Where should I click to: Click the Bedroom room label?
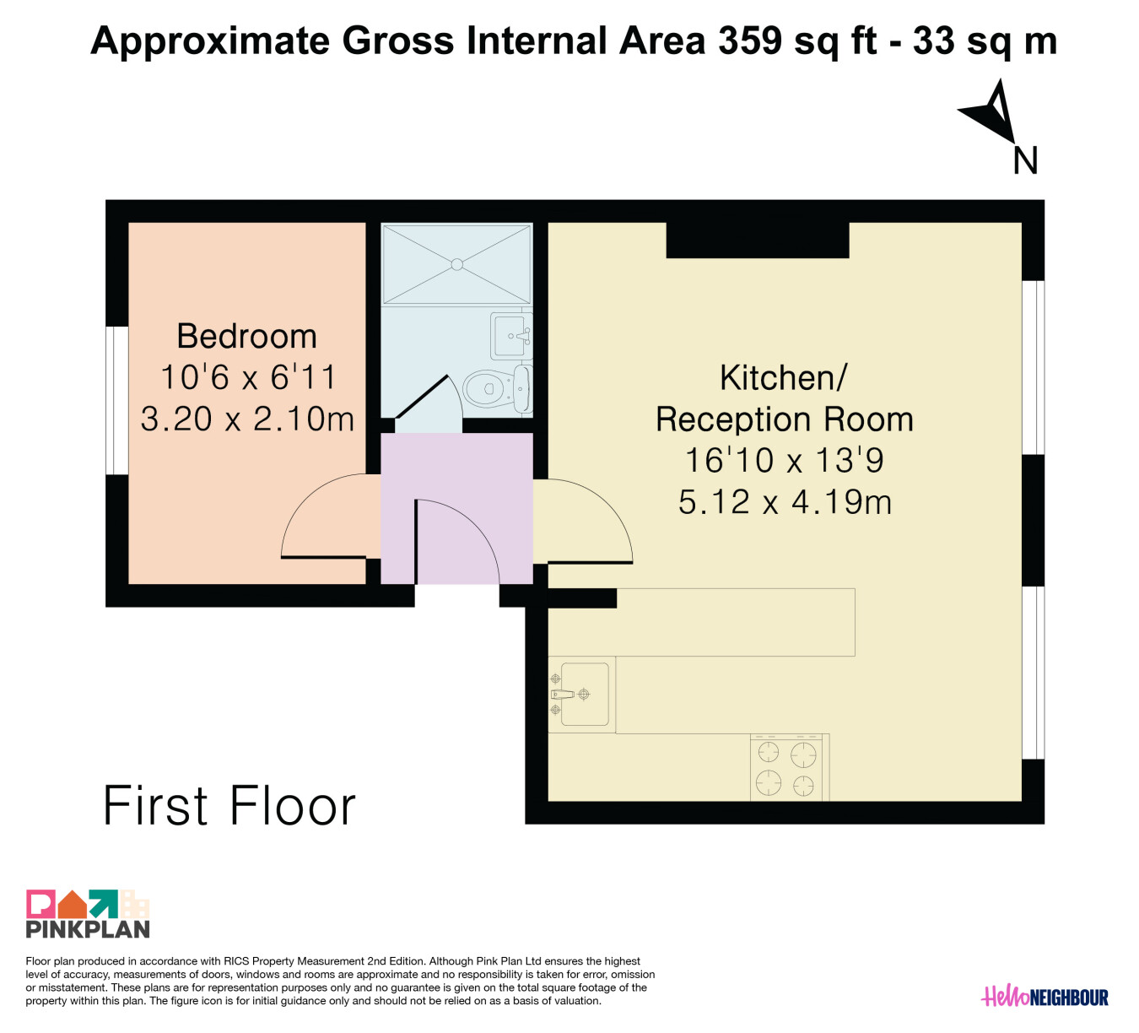point(246,337)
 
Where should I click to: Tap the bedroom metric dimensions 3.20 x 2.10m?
point(247,419)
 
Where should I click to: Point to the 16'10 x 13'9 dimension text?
point(784,460)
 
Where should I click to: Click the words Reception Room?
point(784,419)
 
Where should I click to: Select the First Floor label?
point(229,806)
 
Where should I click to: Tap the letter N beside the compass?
point(1025,160)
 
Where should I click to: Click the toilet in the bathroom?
point(497,389)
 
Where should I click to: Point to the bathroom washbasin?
point(511,335)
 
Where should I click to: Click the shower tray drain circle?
point(457,264)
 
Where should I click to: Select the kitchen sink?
point(581,695)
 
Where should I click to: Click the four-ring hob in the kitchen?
point(789,768)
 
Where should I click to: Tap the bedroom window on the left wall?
point(117,401)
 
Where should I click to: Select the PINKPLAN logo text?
point(88,929)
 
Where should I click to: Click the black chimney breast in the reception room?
point(758,240)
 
